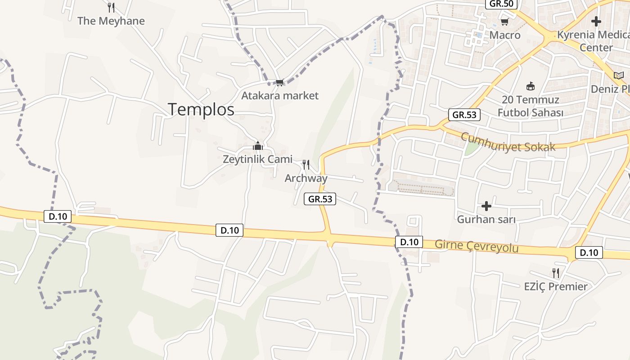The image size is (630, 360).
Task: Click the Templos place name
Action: (x=201, y=109)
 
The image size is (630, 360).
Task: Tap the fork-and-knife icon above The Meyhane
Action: (x=111, y=8)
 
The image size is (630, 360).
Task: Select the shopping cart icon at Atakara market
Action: (x=279, y=82)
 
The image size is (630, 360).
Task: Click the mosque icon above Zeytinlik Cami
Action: (x=257, y=145)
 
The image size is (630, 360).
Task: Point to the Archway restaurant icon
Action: (x=306, y=165)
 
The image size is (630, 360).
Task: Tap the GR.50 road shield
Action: (x=502, y=4)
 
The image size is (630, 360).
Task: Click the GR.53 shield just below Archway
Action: (x=320, y=198)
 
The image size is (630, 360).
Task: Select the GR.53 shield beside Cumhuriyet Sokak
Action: (x=464, y=114)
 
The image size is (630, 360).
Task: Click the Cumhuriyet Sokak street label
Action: (x=508, y=142)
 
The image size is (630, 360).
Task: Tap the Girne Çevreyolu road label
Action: (x=477, y=246)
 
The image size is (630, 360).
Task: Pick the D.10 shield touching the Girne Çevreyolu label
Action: (x=409, y=242)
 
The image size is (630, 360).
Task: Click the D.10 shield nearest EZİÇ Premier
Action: (x=589, y=252)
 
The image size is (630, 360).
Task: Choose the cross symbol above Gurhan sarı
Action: (x=486, y=207)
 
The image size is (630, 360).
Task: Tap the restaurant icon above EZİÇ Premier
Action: (x=556, y=273)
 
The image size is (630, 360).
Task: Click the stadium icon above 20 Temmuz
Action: (x=531, y=86)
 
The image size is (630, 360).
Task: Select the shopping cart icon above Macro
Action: (x=505, y=22)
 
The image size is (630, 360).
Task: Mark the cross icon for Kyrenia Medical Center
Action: (x=596, y=21)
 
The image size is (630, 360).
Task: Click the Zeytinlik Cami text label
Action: (x=257, y=159)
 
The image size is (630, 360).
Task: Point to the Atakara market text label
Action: (x=279, y=95)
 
